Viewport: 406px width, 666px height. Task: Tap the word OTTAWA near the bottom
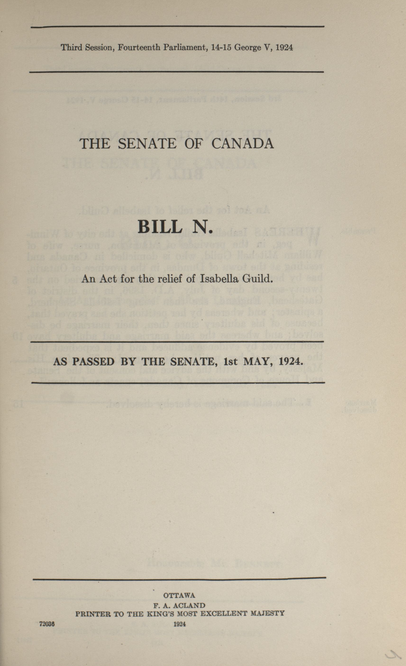click(x=179, y=595)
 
